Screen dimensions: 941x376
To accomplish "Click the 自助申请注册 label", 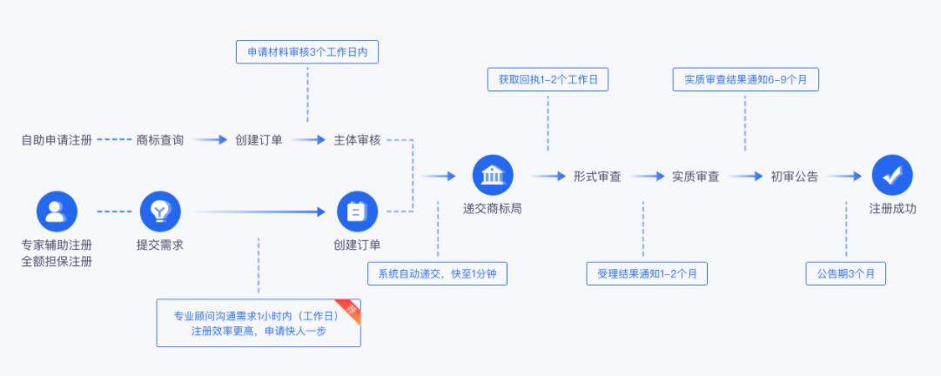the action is [x=57, y=140].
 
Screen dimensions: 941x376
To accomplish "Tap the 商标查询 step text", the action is [x=159, y=140].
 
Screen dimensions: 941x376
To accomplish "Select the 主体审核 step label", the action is [x=357, y=140].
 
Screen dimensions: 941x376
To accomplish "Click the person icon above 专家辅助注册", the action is [x=57, y=211].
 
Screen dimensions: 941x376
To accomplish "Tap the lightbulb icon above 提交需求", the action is [x=160, y=211].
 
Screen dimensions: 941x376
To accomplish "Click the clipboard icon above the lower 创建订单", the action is [x=357, y=211].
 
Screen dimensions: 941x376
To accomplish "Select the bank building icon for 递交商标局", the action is [x=493, y=175].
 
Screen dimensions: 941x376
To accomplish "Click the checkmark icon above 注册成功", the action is [x=892, y=175].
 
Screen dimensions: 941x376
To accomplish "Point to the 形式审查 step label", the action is [x=596, y=177].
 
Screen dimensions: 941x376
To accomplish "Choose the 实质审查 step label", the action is [x=696, y=177].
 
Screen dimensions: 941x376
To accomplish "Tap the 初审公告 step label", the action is [x=794, y=177].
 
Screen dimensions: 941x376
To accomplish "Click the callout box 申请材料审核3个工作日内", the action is [x=307, y=52].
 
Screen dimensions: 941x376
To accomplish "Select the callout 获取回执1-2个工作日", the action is [x=548, y=79].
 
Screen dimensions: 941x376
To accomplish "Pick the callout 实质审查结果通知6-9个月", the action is [x=745, y=79].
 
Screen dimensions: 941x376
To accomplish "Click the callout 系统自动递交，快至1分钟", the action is [x=438, y=273].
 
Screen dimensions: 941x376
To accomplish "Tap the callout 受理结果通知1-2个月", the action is [x=647, y=273].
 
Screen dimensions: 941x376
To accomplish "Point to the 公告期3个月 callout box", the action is [x=845, y=273].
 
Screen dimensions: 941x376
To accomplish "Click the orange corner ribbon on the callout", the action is [x=351, y=308].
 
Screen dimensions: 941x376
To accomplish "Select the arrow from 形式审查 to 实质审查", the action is [x=648, y=177].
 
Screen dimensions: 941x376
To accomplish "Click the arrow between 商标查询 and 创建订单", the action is [x=210, y=140].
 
